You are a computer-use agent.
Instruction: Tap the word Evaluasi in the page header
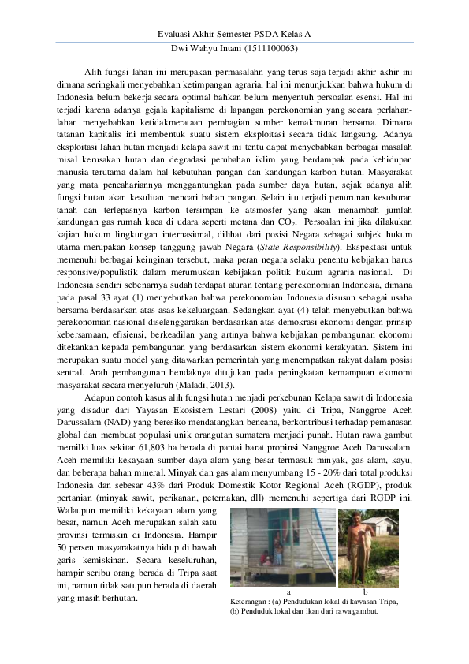click(177, 35)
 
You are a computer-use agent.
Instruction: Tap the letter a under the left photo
click(289, 590)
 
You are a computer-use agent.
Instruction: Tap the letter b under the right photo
click(366, 590)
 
